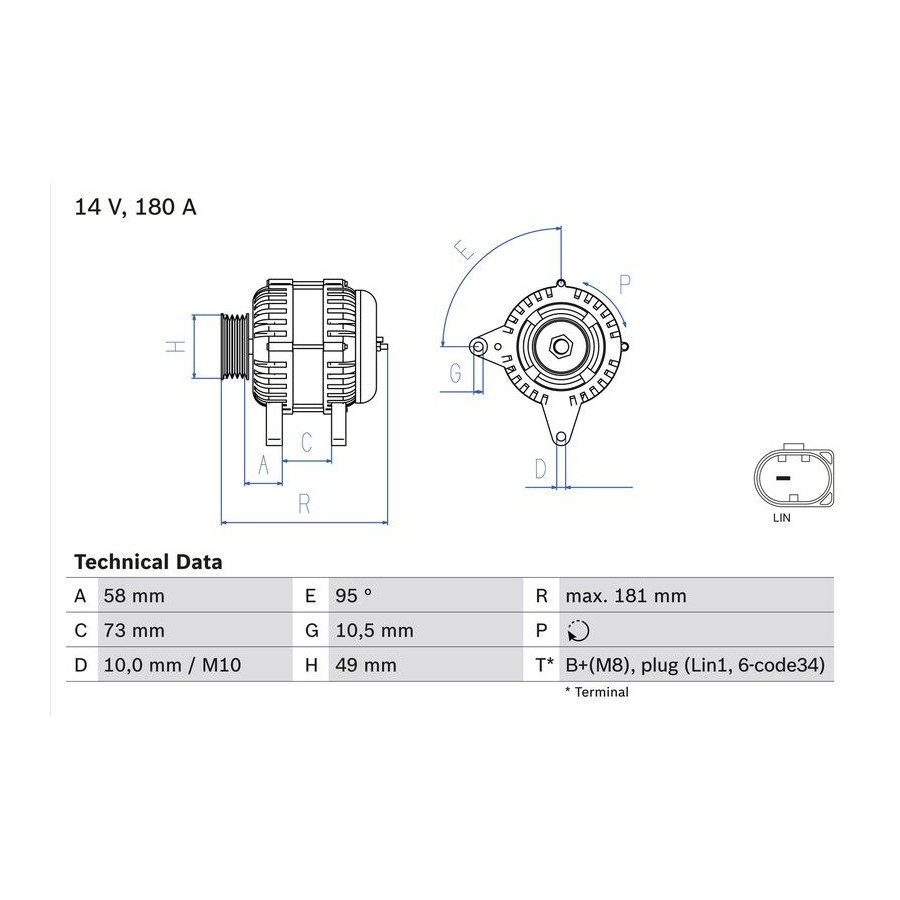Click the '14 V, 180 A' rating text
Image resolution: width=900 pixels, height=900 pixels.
coord(135,207)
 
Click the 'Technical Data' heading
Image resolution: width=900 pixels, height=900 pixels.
coord(148,562)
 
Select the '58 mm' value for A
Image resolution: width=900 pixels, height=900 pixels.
coord(134,596)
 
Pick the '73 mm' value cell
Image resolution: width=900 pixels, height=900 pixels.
coord(134,631)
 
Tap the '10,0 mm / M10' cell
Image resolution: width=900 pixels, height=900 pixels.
coord(172,665)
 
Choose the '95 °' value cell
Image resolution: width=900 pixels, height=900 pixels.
coord(354,596)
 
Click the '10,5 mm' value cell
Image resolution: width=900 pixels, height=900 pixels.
coord(374,631)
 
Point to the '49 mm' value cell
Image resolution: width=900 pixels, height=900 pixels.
coord(366,665)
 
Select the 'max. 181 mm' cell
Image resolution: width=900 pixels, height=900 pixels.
coord(626,596)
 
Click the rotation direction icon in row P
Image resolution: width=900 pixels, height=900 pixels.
coord(578,631)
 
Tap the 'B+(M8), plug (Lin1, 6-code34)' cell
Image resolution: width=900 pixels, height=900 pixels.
coord(695,665)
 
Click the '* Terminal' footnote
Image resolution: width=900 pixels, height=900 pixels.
coord(597,692)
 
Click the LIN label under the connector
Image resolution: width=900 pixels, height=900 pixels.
coord(782,518)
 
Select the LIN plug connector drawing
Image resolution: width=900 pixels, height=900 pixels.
coord(794,476)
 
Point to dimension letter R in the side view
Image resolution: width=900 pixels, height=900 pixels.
coord(304,504)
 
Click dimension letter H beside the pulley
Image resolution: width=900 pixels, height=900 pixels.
coord(176,346)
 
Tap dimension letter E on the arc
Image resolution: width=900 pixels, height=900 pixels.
coord(464,250)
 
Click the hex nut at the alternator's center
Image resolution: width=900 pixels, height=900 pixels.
coord(559,346)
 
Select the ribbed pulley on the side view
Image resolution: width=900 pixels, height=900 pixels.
coord(235,346)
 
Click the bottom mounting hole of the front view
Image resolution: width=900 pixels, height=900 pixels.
coord(561,437)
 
